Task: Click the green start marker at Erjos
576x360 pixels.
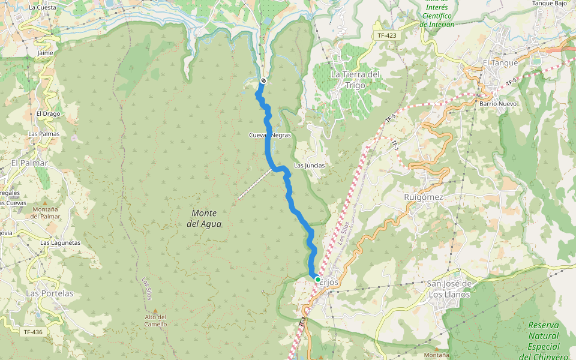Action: pos(317,279)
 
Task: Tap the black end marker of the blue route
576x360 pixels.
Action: pos(263,81)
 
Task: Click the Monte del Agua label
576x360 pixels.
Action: pos(204,218)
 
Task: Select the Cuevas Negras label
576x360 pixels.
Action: pos(270,135)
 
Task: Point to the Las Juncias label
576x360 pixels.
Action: pos(309,165)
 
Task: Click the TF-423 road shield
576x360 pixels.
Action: pos(387,35)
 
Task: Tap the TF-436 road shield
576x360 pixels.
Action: pos(33,332)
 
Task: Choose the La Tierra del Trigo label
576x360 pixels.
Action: pos(355,79)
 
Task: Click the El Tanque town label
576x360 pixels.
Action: pos(500,62)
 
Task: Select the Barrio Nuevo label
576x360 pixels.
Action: pos(498,104)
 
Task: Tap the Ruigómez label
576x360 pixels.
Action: pos(424,197)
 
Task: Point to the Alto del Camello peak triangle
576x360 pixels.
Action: pos(155,310)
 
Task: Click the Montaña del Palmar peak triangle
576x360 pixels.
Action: pos(46,203)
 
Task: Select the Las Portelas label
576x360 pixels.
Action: pos(50,293)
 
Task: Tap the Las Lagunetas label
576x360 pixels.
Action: pos(60,242)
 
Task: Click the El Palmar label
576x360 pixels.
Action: pos(29,163)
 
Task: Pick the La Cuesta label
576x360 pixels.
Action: pos(42,8)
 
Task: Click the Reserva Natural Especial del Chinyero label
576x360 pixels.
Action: pos(543,341)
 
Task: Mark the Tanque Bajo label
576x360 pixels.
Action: pos(550,3)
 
